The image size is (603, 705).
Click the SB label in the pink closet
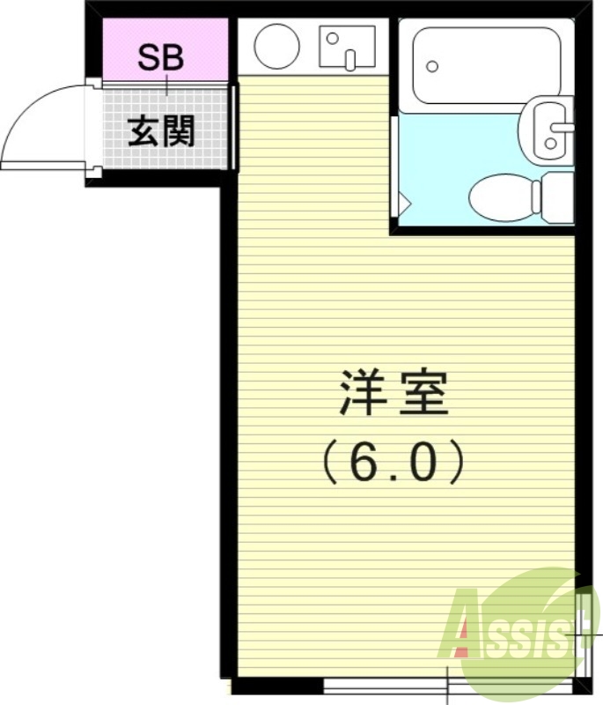162,58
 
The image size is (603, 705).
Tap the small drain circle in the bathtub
431,66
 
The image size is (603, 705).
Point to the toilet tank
557,197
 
